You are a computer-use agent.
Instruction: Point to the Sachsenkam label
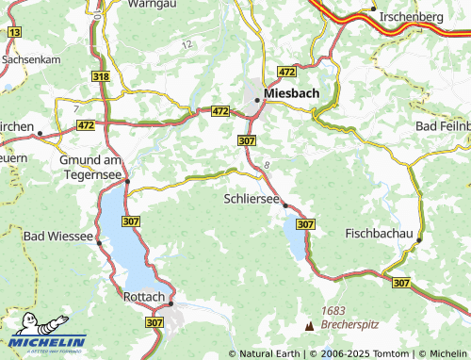click(33, 58)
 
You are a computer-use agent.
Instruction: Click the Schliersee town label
click(252, 199)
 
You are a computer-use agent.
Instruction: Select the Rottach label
click(144, 297)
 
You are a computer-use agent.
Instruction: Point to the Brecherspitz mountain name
click(349, 323)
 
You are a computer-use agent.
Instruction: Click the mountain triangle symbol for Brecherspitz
click(309, 325)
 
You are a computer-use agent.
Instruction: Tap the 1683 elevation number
click(334, 310)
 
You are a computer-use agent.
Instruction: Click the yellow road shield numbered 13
click(13, 32)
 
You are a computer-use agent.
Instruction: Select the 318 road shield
click(102, 74)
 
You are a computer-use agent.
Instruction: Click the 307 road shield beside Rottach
click(155, 321)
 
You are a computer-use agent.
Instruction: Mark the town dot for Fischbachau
click(419, 239)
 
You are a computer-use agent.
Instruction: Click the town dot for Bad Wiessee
click(98, 242)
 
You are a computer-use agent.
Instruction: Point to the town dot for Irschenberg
click(374, 8)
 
